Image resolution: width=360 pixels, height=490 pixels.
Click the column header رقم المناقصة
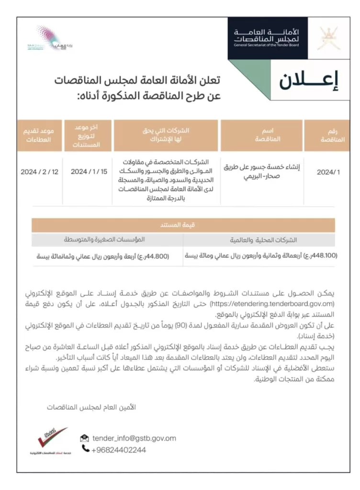pyautogui.click(x=328, y=135)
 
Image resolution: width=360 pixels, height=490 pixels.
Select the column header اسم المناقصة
pyautogui.click(x=269, y=135)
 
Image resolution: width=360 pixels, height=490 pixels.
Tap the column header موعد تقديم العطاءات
pyautogui.click(x=40, y=135)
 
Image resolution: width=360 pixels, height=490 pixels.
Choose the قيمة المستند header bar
pyautogui.click(x=183, y=225)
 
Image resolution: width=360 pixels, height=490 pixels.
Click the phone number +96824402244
pyautogui.click(x=118, y=450)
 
